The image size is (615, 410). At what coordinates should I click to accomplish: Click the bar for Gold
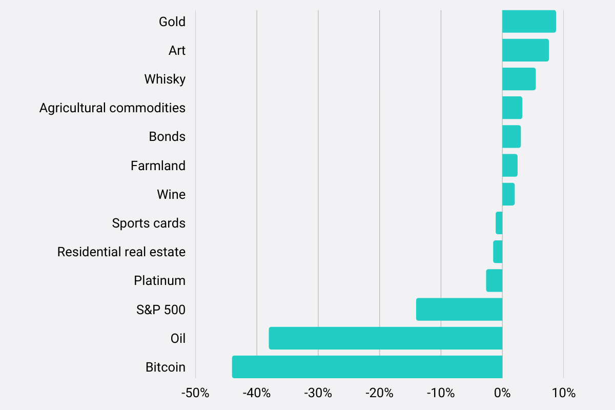click(529, 22)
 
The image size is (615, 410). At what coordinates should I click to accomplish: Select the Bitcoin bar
click(367, 367)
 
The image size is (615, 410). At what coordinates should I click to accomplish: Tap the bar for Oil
click(385, 338)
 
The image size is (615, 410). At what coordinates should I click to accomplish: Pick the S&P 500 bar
click(459, 310)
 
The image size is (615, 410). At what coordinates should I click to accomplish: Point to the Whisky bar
click(519, 79)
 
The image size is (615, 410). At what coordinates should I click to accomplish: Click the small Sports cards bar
click(499, 223)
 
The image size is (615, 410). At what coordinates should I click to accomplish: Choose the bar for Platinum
click(494, 281)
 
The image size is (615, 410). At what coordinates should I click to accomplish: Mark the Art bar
click(525, 50)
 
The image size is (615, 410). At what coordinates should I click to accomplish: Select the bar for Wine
click(508, 194)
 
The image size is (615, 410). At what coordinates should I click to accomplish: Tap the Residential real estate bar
click(498, 252)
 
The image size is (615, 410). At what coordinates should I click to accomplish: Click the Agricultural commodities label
click(112, 108)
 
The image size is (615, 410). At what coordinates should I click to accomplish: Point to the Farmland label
click(158, 166)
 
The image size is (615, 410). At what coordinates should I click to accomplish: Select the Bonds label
click(167, 137)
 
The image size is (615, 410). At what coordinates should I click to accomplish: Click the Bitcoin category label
click(165, 367)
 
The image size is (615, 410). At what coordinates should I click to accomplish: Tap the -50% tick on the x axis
click(195, 394)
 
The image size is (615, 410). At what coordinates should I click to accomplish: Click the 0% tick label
click(502, 394)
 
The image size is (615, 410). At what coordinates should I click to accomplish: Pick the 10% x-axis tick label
click(564, 394)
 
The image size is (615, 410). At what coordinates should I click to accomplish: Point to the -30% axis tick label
click(318, 394)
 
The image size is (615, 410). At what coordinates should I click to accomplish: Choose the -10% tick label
click(441, 394)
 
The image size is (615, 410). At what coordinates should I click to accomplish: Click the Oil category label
click(178, 338)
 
